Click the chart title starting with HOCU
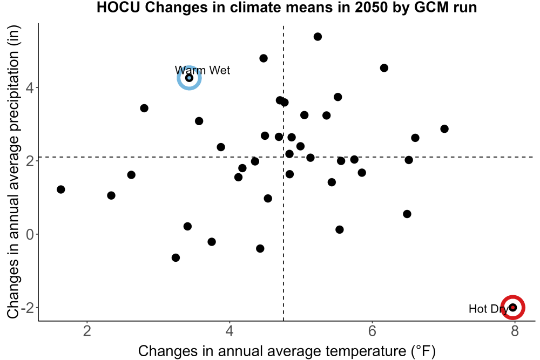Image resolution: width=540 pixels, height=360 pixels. click(287, 7)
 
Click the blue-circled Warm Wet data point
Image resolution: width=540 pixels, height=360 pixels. click(189, 78)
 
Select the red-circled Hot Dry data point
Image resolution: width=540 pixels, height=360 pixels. click(513, 307)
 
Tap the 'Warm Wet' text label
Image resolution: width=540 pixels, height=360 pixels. click(202, 70)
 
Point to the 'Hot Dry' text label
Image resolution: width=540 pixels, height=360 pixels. click(489, 309)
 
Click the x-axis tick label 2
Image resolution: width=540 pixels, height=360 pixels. click(87, 331)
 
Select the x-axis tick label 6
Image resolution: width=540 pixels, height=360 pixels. click(372, 331)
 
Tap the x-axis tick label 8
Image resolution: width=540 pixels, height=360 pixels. click(515, 331)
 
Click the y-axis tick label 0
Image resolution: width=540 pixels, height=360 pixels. click(30, 234)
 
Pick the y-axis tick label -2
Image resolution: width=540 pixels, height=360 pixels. click(27, 307)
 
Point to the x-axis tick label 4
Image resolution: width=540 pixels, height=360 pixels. click(230, 331)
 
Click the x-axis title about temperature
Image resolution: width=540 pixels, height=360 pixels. click(287, 351)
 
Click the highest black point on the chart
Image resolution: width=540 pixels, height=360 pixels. click(318, 37)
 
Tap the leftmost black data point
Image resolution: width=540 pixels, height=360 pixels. click(60, 189)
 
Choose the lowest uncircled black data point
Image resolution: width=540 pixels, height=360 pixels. click(175, 257)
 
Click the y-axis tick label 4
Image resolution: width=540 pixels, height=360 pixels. click(30, 87)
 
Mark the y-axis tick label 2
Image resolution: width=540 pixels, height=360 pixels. click(30, 161)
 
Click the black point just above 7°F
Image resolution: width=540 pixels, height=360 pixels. click(444, 128)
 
